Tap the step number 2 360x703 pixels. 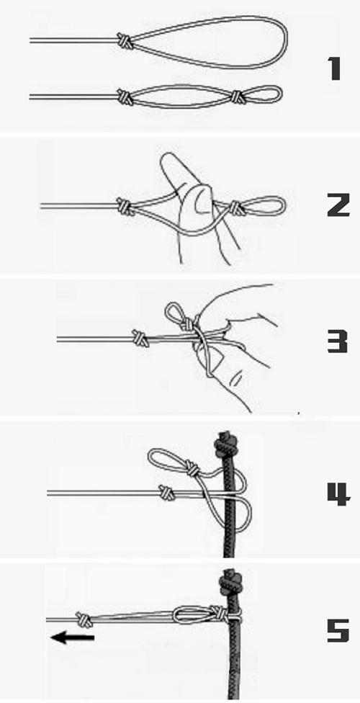click(x=338, y=206)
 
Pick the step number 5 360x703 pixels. click(x=338, y=630)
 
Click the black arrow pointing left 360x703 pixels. click(x=72, y=637)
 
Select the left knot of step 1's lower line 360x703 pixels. click(x=125, y=96)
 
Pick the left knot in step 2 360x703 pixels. click(x=125, y=206)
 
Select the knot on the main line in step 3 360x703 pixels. click(x=140, y=338)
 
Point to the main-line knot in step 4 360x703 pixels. click(x=166, y=492)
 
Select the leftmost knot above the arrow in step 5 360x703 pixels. click(x=84, y=619)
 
